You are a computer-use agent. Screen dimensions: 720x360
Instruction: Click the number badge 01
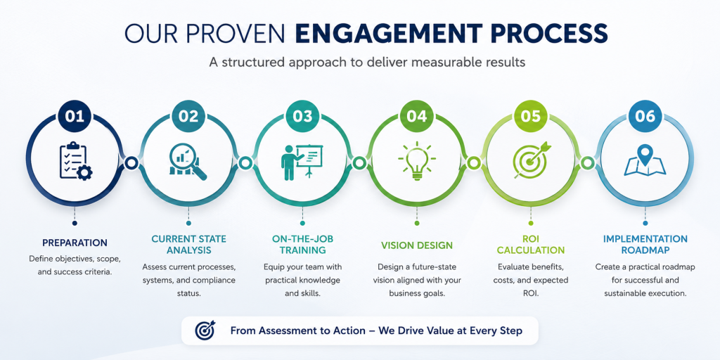[x=75, y=116]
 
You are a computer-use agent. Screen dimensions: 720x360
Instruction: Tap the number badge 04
[x=417, y=116]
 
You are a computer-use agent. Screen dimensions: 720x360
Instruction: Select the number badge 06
[x=645, y=116]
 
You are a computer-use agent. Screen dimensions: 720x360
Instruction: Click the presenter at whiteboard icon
[x=302, y=162]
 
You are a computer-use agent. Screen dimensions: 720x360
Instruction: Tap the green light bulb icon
[x=417, y=161]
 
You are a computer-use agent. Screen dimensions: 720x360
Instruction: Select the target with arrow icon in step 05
[x=531, y=160]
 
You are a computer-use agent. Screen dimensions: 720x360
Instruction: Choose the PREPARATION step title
[x=75, y=243]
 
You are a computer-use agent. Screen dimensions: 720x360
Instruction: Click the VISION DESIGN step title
[x=417, y=245]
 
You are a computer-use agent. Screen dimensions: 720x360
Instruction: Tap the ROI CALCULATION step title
[x=531, y=245]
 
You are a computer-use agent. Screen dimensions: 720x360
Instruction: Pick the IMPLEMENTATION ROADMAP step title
[x=645, y=245]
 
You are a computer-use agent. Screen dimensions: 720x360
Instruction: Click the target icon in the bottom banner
[x=205, y=330]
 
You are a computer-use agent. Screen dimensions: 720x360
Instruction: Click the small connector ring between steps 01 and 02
[x=131, y=162]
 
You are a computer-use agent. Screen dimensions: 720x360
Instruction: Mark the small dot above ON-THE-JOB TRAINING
[x=302, y=223]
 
